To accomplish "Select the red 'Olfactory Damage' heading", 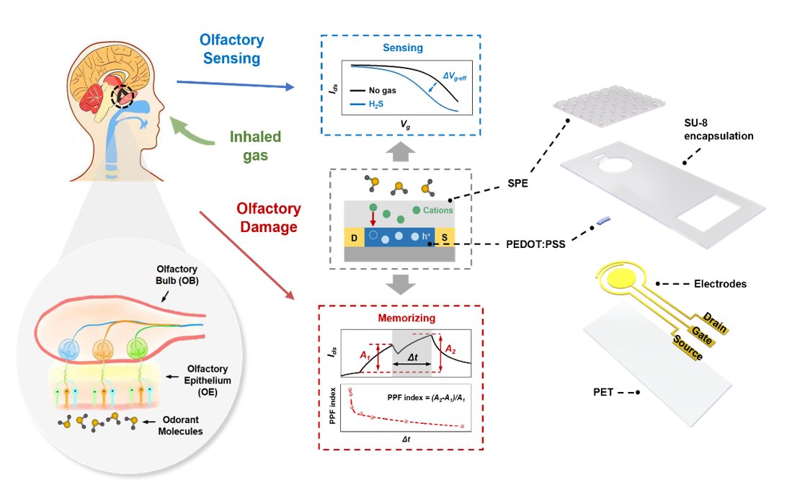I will (x=269, y=218).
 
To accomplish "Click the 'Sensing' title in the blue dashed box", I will (x=402, y=48).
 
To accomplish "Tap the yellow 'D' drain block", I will (x=354, y=238).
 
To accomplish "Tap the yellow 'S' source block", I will (x=445, y=238).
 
